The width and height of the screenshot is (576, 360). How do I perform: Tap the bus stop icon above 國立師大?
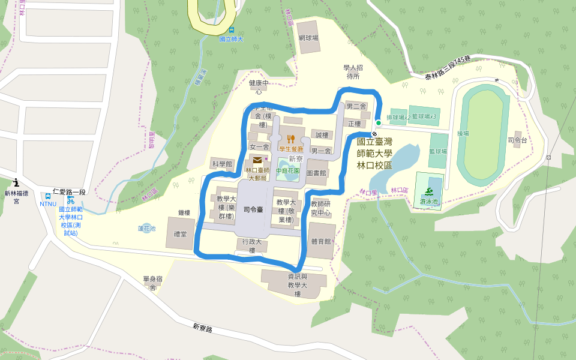[231, 30]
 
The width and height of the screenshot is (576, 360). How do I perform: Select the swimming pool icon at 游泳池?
[430, 192]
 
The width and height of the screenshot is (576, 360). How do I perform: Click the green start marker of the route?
[379, 122]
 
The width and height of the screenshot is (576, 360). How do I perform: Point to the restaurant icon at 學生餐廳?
[291, 139]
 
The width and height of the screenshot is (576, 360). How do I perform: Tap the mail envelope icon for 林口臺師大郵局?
[257, 160]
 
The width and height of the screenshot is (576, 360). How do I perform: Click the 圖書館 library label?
[316, 173]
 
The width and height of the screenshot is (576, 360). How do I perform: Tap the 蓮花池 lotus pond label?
[146, 229]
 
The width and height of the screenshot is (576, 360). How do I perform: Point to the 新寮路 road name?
[203, 328]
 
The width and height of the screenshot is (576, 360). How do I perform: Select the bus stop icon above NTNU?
[48, 196]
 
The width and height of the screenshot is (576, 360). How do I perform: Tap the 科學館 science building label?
[221, 164]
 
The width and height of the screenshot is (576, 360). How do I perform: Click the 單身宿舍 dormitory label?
[153, 283]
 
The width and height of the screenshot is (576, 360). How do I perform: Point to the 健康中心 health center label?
[259, 87]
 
